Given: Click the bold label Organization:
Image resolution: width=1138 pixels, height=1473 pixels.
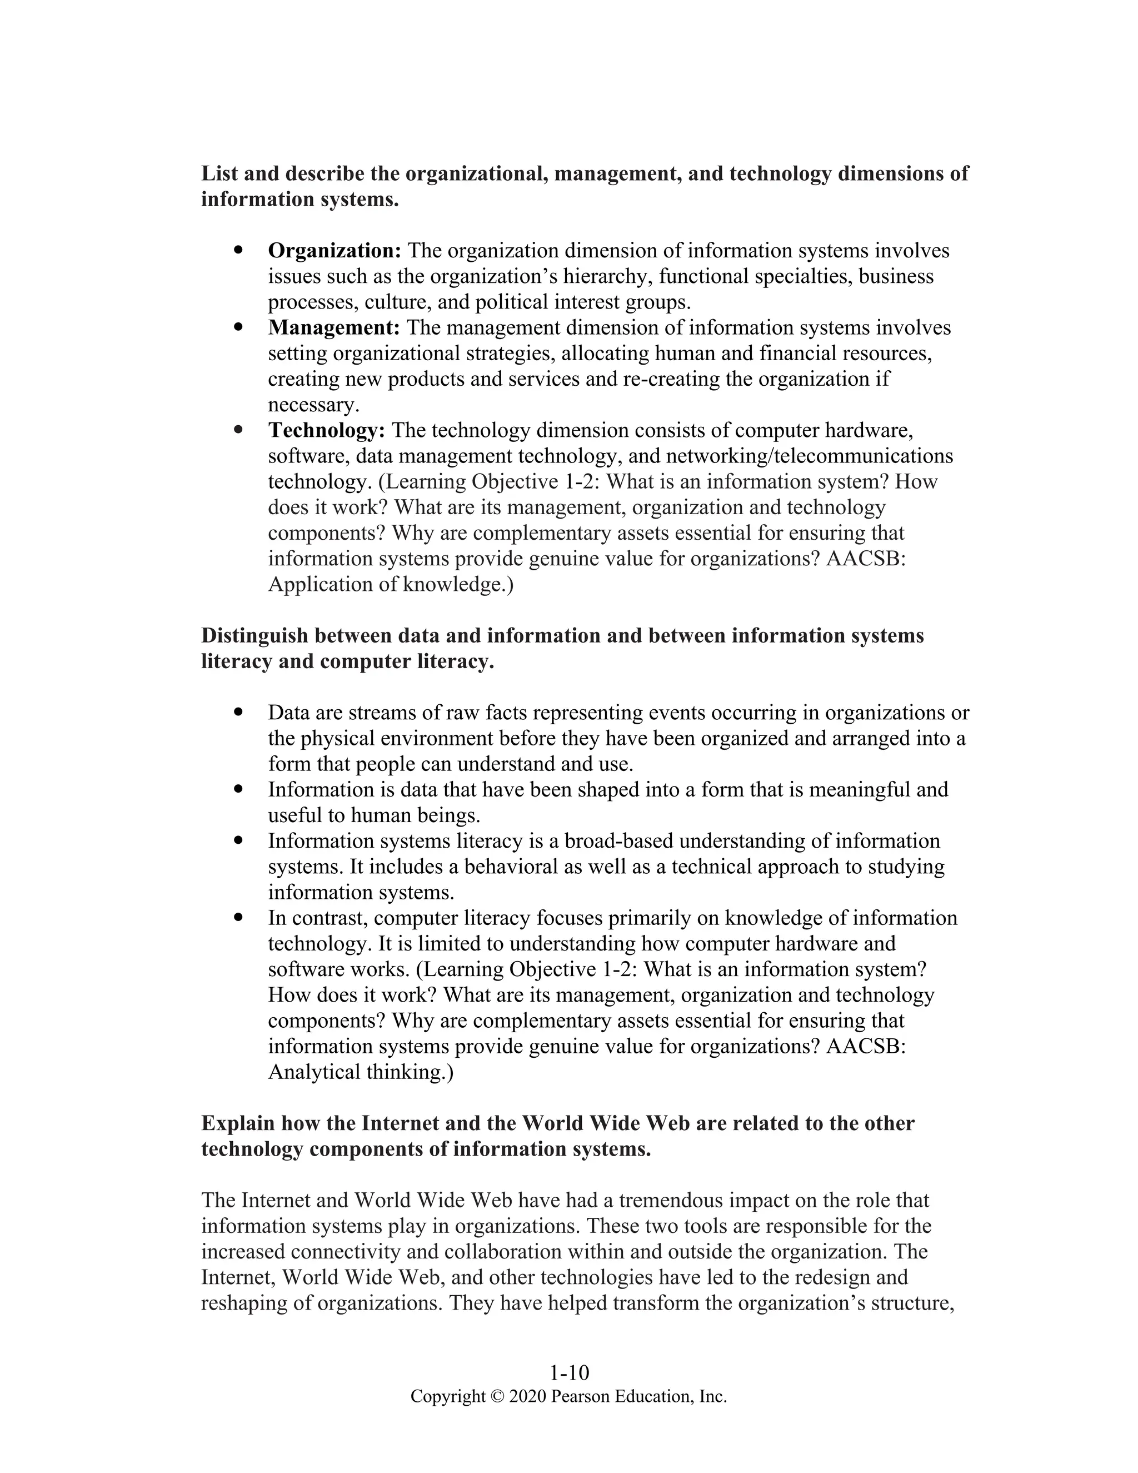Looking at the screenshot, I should pyautogui.click(x=335, y=251).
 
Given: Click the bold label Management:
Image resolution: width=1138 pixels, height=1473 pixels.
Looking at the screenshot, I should pyautogui.click(x=334, y=328).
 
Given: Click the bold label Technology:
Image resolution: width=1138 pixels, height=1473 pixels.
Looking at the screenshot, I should pyautogui.click(x=326, y=430).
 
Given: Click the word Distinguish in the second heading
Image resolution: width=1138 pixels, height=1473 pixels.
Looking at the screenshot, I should pyautogui.click(x=254, y=636).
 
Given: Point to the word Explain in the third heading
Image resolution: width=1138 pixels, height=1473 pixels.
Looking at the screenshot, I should pyautogui.click(x=237, y=1123).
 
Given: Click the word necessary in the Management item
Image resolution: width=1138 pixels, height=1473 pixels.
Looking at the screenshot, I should pyautogui.click(x=311, y=405).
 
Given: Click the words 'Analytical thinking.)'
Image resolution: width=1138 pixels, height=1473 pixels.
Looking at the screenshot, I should pyautogui.click(x=361, y=1072).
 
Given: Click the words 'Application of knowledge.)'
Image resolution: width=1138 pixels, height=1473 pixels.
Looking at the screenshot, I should pyautogui.click(x=390, y=585).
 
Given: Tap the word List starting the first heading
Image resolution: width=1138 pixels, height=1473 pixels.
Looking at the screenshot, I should pyautogui.click(x=220, y=174).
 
